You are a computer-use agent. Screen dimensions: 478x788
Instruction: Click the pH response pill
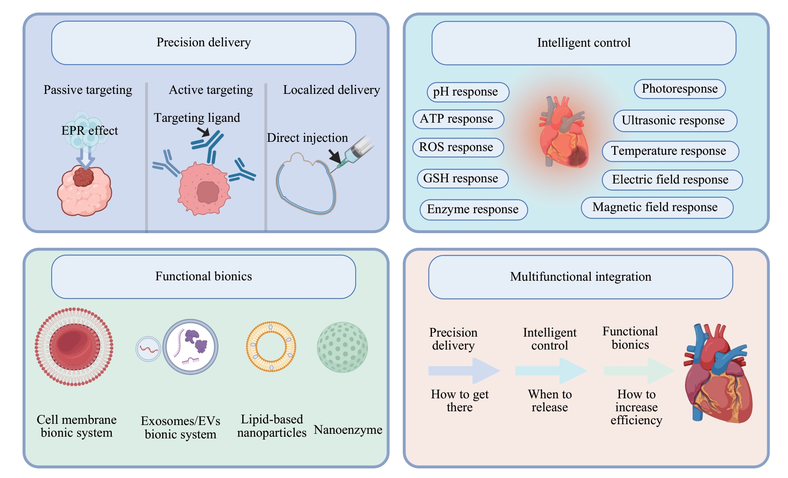468,92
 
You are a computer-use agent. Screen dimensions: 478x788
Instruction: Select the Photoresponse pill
680,89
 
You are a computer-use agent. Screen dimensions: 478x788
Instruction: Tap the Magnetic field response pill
657,208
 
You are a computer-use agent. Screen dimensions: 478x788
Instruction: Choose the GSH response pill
462,179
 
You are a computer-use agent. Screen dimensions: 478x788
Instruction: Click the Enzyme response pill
474,209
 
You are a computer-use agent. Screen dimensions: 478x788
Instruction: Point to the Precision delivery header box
203,43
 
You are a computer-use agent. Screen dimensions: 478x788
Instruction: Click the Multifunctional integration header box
580,277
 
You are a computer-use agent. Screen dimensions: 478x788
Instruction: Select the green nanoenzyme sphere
342,347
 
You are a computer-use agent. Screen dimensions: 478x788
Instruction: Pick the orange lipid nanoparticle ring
271,347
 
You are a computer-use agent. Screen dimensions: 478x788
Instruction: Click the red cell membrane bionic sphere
74,347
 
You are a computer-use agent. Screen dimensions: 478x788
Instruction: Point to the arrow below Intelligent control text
550,370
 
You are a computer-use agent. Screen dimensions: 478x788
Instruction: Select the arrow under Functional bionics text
638,370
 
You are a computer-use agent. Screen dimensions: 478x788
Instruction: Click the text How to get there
459,400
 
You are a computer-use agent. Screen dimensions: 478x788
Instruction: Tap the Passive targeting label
88,90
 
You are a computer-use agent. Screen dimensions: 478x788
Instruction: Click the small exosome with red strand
148,349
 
